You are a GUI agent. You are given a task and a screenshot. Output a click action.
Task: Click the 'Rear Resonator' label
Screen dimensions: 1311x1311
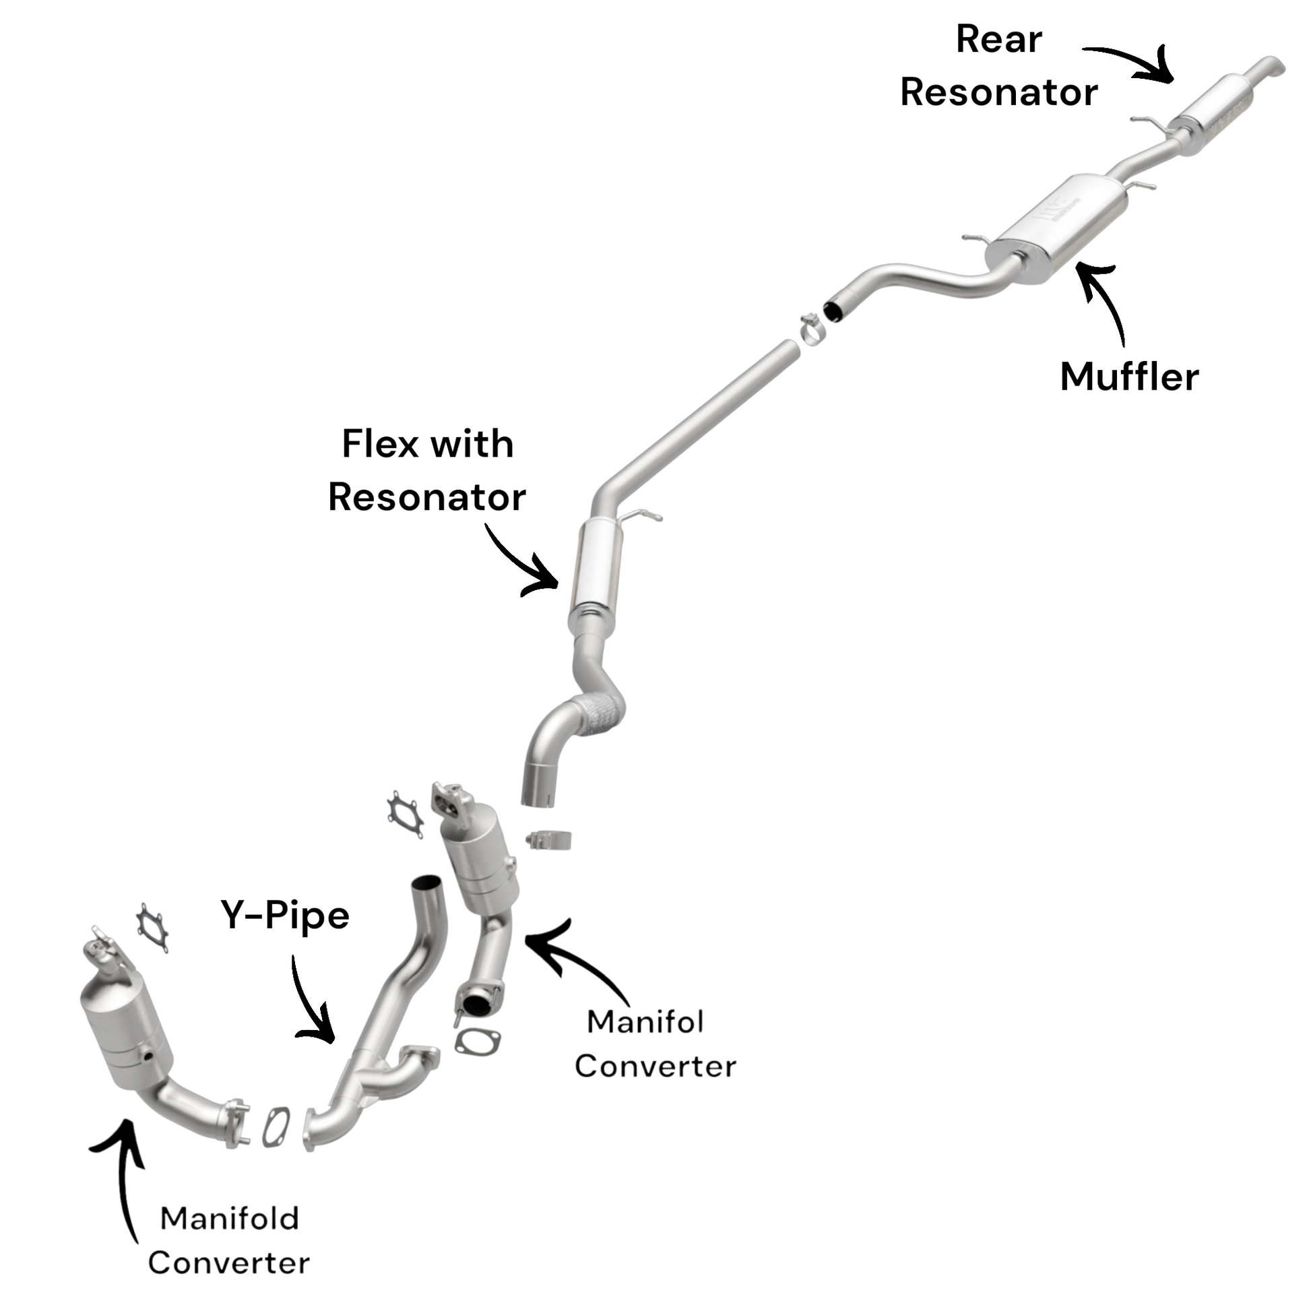tap(998, 66)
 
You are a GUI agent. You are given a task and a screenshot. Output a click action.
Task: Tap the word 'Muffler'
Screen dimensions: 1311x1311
tap(1129, 377)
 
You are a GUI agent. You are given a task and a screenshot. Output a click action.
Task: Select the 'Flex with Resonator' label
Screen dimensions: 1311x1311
tap(427, 470)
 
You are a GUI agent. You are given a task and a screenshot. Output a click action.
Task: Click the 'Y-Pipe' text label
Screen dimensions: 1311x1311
tap(285, 916)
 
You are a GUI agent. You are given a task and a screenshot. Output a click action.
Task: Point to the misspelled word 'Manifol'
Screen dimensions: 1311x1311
tap(645, 1022)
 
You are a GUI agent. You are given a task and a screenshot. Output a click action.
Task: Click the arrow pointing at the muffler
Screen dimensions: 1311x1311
tap(1103, 298)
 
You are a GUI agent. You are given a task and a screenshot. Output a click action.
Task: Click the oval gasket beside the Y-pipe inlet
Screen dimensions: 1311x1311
tap(276, 1128)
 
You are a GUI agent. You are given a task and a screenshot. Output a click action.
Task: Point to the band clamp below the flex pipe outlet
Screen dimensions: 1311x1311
tap(549, 840)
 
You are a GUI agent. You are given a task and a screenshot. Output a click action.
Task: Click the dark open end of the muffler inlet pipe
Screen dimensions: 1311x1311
tap(833, 310)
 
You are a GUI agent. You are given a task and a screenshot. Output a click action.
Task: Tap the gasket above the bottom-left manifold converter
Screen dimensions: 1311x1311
tap(152, 928)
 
